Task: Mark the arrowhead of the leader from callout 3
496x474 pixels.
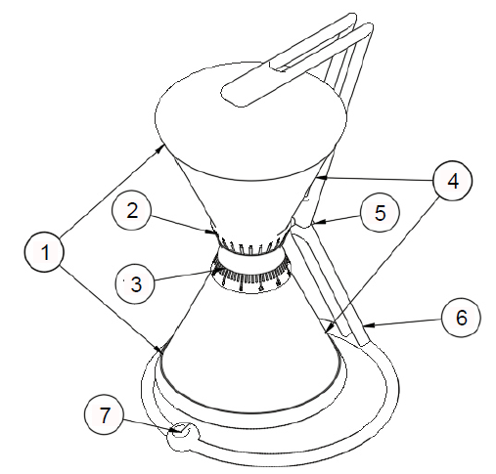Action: pos(213,270)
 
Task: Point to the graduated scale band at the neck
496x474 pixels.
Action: pos(252,275)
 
